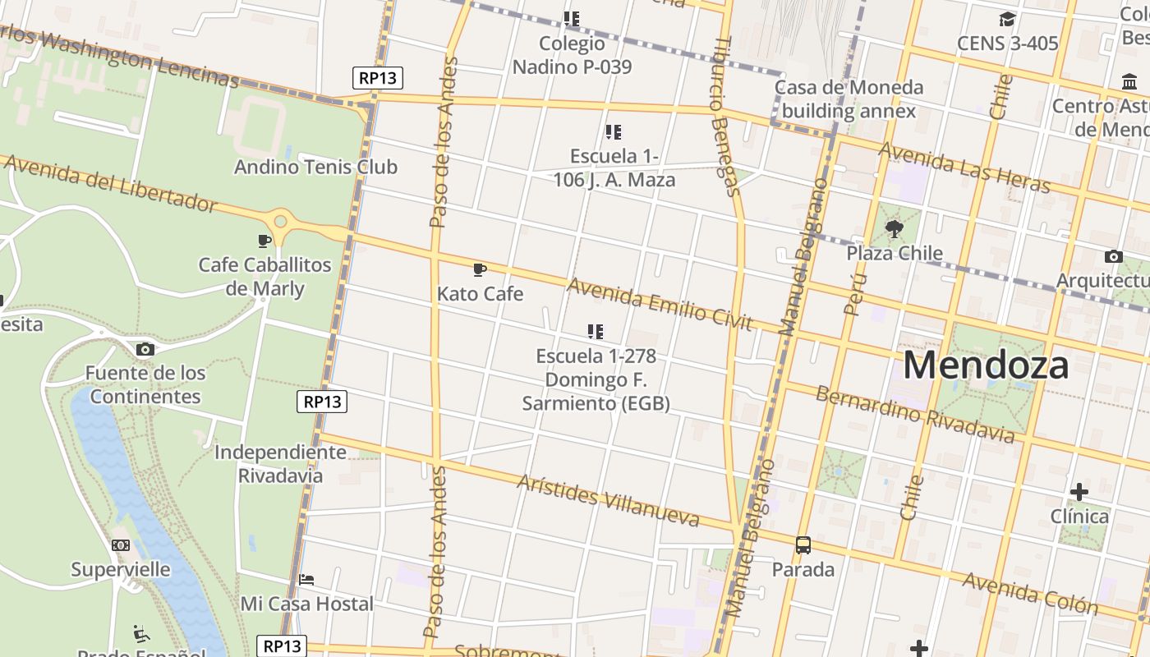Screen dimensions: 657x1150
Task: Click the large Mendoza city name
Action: [986, 365]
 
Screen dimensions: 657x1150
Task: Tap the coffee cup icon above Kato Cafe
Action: [480, 269]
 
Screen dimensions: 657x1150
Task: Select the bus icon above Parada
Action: [803, 544]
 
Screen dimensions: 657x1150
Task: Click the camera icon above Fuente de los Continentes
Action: [145, 349]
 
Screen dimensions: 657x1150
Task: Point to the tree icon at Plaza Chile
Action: [894, 228]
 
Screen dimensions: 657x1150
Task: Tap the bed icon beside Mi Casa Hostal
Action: [306, 580]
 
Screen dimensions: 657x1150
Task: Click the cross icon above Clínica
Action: [1079, 492]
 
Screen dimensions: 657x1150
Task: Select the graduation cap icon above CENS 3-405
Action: [1007, 19]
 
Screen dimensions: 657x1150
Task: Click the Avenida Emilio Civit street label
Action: [660, 304]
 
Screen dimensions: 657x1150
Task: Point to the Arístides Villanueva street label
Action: [608, 499]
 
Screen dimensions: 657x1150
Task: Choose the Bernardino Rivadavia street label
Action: [914, 413]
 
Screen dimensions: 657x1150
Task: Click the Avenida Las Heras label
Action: [964, 167]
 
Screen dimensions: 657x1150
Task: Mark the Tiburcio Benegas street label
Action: [726, 115]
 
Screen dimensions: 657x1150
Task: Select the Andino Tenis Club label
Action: [315, 167]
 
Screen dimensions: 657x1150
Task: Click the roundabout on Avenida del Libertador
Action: [281, 221]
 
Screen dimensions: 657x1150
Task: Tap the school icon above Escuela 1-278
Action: [596, 332]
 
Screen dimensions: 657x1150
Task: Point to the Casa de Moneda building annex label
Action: [849, 99]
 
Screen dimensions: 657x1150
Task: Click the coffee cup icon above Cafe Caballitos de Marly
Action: [264, 241]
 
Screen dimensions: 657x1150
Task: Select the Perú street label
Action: [854, 294]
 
